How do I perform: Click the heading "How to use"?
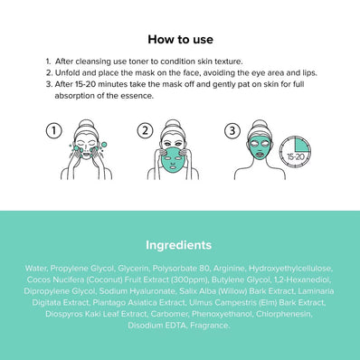pyautogui.click(x=179, y=40)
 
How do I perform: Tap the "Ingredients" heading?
pyautogui.click(x=179, y=244)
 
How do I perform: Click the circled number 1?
pyautogui.click(x=53, y=131)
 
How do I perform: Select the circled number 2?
pyautogui.click(x=145, y=131)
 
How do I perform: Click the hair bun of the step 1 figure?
pyautogui.click(x=90, y=123)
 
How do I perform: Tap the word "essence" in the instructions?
pyautogui.click(x=137, y=95)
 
